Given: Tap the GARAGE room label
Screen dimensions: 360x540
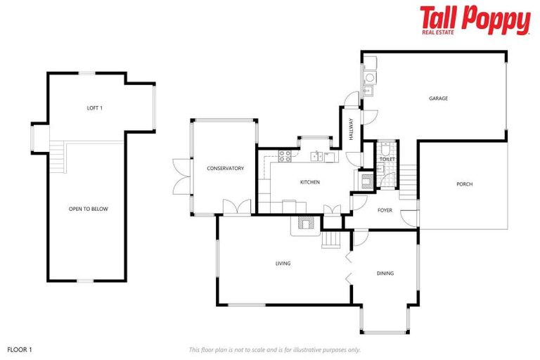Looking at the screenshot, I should (x=438, y=98).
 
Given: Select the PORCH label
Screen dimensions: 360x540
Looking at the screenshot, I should (x=464, y=184).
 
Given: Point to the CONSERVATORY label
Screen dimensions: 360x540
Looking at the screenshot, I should (x=225, y=168).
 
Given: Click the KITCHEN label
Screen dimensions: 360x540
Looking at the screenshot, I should (x=310, y=182).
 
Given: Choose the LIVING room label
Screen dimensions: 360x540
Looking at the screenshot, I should (x=283, y=264).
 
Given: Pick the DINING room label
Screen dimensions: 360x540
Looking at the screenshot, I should (x=385, y=274).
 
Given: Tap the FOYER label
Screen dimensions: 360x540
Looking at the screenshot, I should (x=385, y=210).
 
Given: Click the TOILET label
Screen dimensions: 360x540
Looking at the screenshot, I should (x=387, y=160).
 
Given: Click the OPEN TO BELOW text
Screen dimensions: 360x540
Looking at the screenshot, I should (x=88, y=209).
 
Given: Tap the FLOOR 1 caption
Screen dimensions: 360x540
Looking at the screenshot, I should (x=20, y=349).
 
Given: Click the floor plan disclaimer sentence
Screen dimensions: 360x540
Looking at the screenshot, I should (x=275, y=349).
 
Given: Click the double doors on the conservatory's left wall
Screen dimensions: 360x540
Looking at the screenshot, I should (x=179, y=176).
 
